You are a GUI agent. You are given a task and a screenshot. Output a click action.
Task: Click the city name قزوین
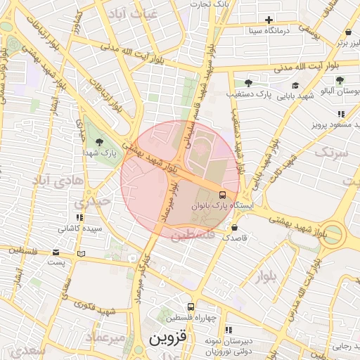[x=169, y=338]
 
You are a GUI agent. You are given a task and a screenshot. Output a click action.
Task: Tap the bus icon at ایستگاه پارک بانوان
[x=222, y=195]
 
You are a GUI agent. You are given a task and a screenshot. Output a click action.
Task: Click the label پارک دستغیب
[x=249, y=94]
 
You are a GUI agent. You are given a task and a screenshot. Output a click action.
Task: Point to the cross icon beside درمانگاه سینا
[x=268, y=20]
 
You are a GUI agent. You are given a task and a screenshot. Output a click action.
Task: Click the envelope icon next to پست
[x=56, y=252]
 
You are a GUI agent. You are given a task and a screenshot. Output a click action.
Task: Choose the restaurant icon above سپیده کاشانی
[x=79, y=218]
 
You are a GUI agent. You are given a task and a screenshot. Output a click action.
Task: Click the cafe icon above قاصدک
[x=234, y=227]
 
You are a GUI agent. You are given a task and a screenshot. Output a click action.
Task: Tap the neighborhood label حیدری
[x=96, y=201]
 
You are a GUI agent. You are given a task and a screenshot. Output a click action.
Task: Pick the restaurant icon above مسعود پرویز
[x=341, y=113]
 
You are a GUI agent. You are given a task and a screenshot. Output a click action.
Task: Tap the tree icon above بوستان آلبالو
[x=340, y=81]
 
